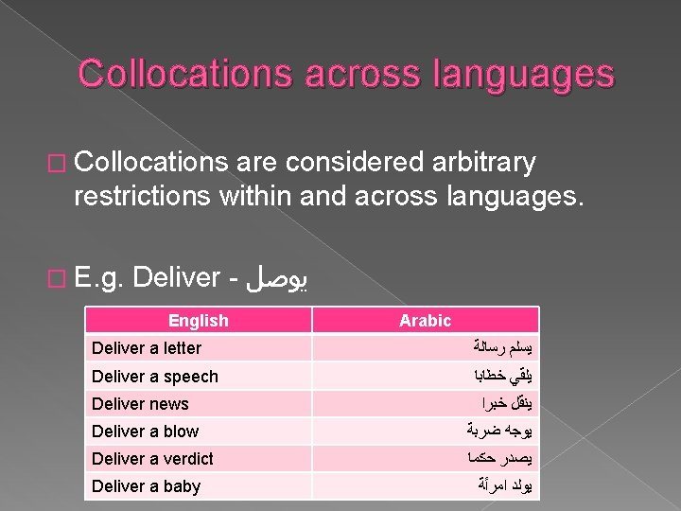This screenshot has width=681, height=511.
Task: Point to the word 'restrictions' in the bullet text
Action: [x=142, y=196]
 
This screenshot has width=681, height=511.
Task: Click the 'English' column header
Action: [x=198, y=320]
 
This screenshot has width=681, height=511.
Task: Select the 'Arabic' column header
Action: [x=425, y=320]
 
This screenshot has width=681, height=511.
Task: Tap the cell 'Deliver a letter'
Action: [x=147, y=348]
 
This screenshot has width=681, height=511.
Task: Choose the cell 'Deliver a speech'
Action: [x=154, y=376]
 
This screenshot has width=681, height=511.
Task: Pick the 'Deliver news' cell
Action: [x=140, y=403]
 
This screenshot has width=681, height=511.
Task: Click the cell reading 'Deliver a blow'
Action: [x=145, y=431]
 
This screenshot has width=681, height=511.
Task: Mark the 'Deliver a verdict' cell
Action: [x=152, y=458]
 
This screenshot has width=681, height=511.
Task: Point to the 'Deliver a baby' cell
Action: [x=146, y=485]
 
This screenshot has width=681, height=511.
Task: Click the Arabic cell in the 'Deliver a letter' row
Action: [x=506, y=348]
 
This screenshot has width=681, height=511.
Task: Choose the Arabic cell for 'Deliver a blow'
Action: [x=507, y=431]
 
